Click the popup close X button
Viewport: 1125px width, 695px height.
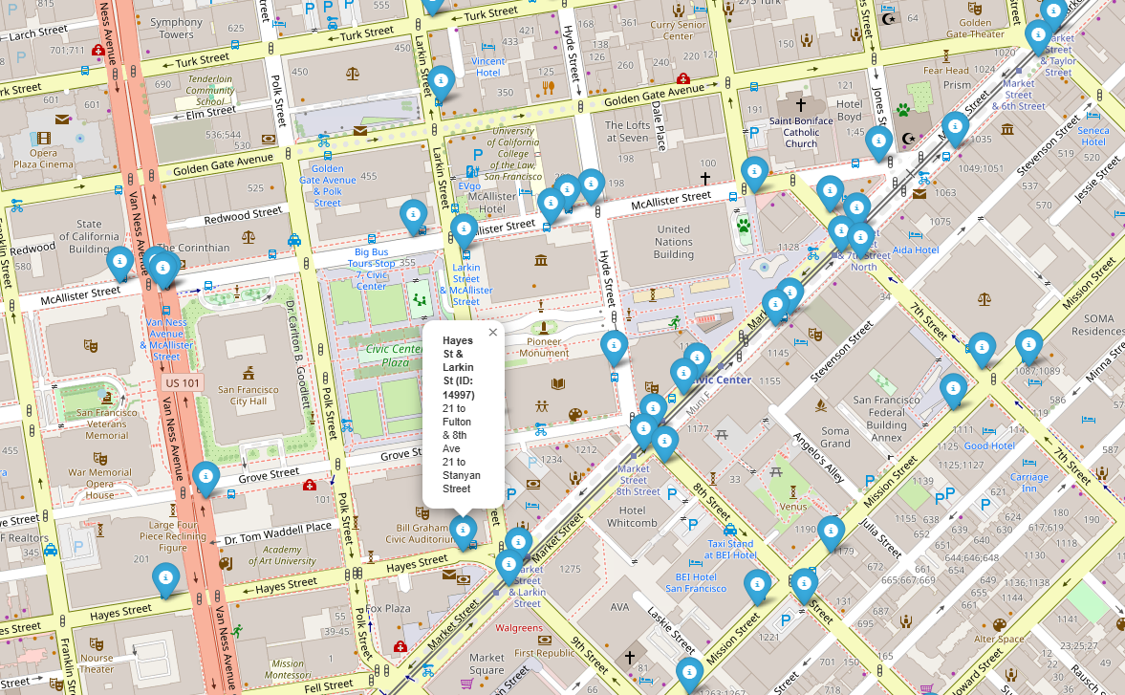pyautogui.click(x=493, y=333)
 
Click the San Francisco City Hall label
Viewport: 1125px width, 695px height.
pyautogui.click(x=249, y=395)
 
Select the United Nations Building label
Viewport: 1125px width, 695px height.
pyautogui.click(x=674, y=242)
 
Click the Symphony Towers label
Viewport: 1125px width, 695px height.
pyautogui.click(x=177, y=29)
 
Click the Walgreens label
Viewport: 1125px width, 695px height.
pyautogui.click(x=519, y=628)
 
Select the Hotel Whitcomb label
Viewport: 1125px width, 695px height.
pyautogui.click(x=632, y=516)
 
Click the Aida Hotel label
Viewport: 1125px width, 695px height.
pyautogui.click(x=916, y=250)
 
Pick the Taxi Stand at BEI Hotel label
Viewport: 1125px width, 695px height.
pyautogui.click(x=730, y=549)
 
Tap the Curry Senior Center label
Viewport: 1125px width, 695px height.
pyautogui.click(x=678, y=31)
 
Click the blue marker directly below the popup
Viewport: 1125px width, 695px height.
pyautogui.click(x=464, y=531)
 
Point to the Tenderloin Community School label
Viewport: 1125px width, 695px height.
pyautogui.click(x=210, y=90)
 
